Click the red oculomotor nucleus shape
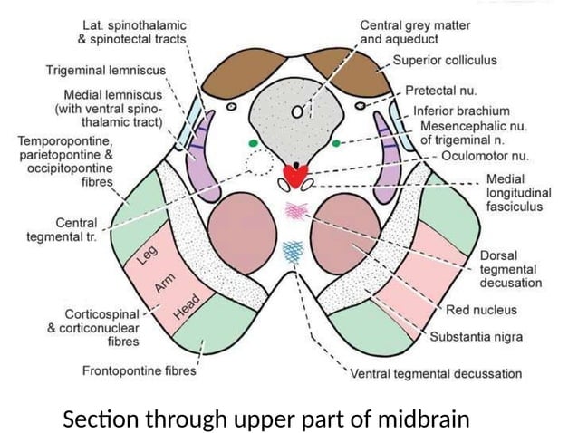coord(295,172)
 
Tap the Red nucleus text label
coord(481,310)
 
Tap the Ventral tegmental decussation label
coord(436,373)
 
